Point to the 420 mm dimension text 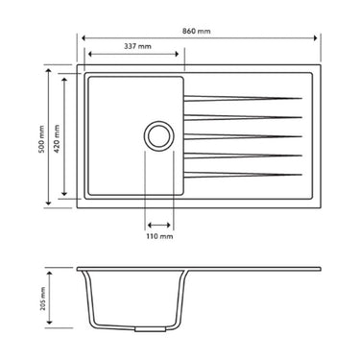(57, 135)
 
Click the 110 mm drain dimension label (159, 234)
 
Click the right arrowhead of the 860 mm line (319, 38)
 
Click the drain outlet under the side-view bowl (147, 329)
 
